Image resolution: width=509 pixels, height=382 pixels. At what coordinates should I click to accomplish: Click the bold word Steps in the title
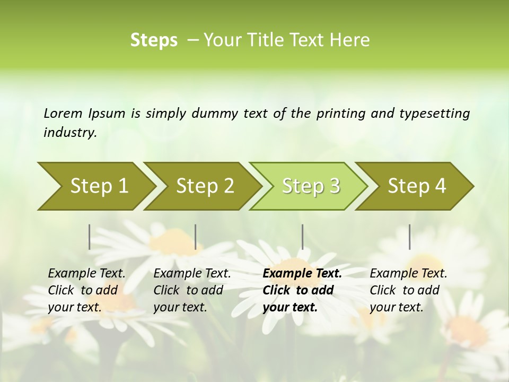[x=154, y=40]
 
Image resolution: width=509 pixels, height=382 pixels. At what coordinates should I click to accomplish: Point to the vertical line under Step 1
[x=90, y=237]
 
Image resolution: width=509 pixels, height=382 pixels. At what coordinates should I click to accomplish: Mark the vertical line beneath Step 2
[x=196, y=237]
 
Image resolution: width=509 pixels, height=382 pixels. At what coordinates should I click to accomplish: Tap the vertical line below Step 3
[x=302, y=237]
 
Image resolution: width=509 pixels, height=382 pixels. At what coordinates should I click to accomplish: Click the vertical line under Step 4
[x=409, y=237]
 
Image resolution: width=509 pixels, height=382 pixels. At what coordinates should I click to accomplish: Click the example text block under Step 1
[x=86, y=290]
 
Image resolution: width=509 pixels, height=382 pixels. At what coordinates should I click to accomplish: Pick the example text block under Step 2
[x=192, y=290]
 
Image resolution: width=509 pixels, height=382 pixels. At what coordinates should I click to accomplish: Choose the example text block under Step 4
[x=408, y=290]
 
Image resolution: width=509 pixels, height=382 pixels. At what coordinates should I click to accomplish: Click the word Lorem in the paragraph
[x=63, y=113]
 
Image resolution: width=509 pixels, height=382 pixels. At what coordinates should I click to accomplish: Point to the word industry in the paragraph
[x=70, y=132]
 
